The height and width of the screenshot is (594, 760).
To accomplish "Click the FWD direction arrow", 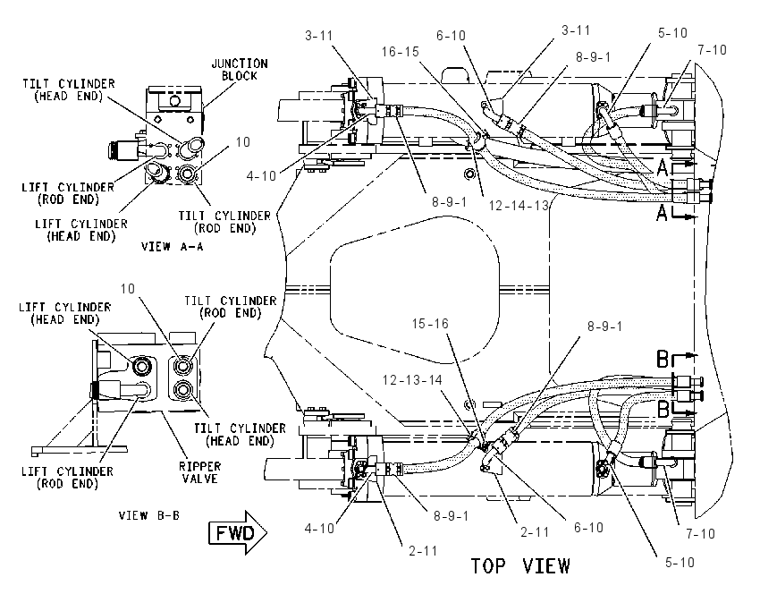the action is pyautogui.click(x=238, y=532).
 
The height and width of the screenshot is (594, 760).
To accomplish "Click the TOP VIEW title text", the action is pyautogui.click(x=520, y=566).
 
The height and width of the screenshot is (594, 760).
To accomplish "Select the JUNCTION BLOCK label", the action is pyautogui.click(x=240, y=70).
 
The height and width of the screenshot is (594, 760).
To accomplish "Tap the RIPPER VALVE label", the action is pyautogui.click(x=199, y=472).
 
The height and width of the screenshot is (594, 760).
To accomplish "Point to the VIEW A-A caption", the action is pyautogui.click(x=172, y=247).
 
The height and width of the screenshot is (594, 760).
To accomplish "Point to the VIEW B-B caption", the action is pyautogui.click(x=148, y=515).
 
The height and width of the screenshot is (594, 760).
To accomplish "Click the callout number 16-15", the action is pyautogui.click(x=400, y=51).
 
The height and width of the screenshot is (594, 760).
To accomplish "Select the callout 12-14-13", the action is pyautogui.click(x=518, y=206).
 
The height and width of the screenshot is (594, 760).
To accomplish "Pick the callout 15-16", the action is pyautogui.click(x=430, y=324).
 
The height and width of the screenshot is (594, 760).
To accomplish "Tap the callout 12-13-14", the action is pyautogui.click(x=412, y=379).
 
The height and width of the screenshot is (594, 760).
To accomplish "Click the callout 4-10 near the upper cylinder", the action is pyautogui.click(x=261, y=175).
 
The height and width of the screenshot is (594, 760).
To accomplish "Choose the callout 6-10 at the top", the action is pyautogui.click(x=451, y=36).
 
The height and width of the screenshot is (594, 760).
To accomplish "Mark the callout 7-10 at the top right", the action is pyautogui.click(x=712, y=49).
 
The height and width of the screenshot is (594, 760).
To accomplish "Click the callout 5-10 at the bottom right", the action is pyautogui.click(x=680, y=563).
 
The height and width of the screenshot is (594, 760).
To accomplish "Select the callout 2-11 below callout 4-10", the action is pyautogui.click(x=423, y=551).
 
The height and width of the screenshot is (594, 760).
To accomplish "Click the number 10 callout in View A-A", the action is pyautogui.click(x=243, y=141).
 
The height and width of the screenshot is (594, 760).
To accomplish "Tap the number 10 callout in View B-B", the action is pyautogui.click(x=128, y=289).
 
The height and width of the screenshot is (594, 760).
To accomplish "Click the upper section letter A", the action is pyautogui.click(x=663, y=168).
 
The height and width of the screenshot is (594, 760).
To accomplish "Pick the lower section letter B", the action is pyautogui.click(x=663, y=409).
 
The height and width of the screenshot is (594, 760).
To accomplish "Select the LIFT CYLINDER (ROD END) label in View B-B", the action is pyautogui.click(x=67, y=478).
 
